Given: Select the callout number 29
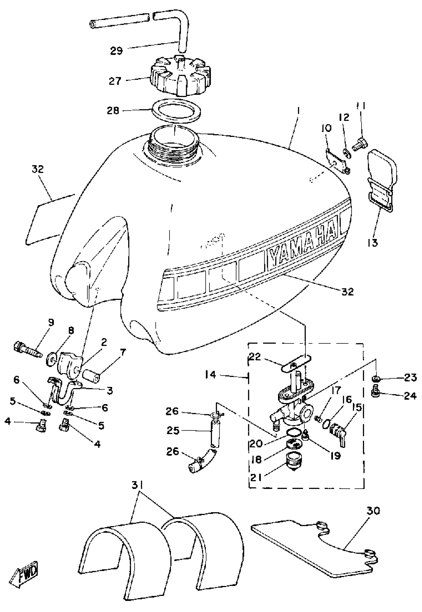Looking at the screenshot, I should tap(117, 50).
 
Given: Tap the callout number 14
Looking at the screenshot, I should tap(211, 375).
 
